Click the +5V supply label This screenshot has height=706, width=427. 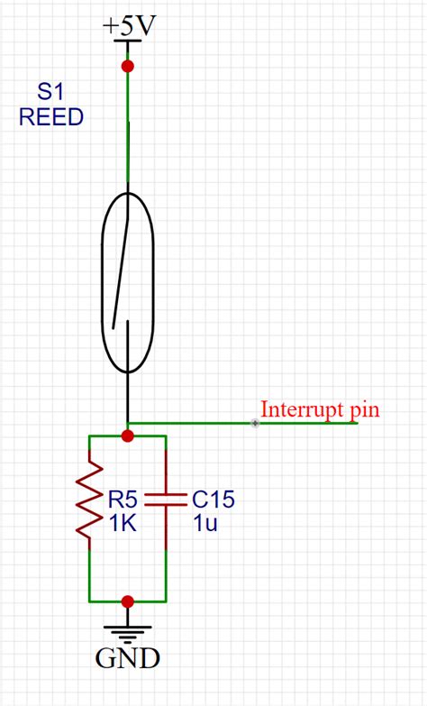[129, 26]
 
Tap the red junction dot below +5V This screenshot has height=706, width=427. [128, 67]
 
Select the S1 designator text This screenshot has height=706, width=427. [50, 92]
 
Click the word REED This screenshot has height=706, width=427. [51, 117]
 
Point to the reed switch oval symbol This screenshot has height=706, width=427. [102, 282]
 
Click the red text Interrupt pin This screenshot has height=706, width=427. [320, 410]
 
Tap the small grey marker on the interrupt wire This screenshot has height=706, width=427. [255, 423]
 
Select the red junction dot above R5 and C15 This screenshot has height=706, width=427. [128, 436]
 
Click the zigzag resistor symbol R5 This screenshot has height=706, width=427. [89, 500]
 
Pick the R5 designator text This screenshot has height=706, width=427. [123, 500]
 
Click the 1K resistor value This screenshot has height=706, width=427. [123, 524]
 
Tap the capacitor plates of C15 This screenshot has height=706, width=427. [166, 500]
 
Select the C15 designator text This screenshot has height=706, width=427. [213, 500]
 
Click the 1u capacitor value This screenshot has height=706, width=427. [205, 524]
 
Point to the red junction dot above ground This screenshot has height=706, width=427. [128, 601]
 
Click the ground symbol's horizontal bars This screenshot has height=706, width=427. [128, 634]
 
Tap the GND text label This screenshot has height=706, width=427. [128, 659]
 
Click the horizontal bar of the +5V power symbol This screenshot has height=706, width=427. [128, 41]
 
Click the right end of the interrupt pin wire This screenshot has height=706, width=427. [358, 423]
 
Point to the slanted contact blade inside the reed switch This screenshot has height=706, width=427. [120, 274]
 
